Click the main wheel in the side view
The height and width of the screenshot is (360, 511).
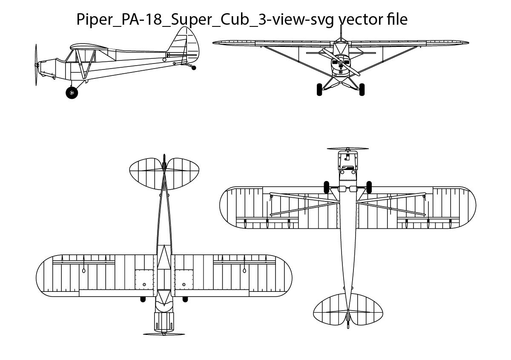click(72, 92)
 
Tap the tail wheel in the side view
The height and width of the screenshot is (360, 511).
click(195, 67)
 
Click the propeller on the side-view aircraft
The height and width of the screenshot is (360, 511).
click(36, 65)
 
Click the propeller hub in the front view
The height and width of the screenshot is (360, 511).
click(340, 63)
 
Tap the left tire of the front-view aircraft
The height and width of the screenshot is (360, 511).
click(319, 89)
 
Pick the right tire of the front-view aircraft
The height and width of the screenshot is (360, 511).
click(362, 89)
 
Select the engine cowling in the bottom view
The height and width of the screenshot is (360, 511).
click(347, 161)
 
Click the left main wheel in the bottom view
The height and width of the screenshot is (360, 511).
click(327, 187)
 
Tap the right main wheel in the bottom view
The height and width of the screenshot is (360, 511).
click(369, 187)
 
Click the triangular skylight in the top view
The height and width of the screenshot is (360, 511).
click(164, 258)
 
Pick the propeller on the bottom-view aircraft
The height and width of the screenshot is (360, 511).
click(347, 149)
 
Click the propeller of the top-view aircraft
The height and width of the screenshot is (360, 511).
click(164, 334)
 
